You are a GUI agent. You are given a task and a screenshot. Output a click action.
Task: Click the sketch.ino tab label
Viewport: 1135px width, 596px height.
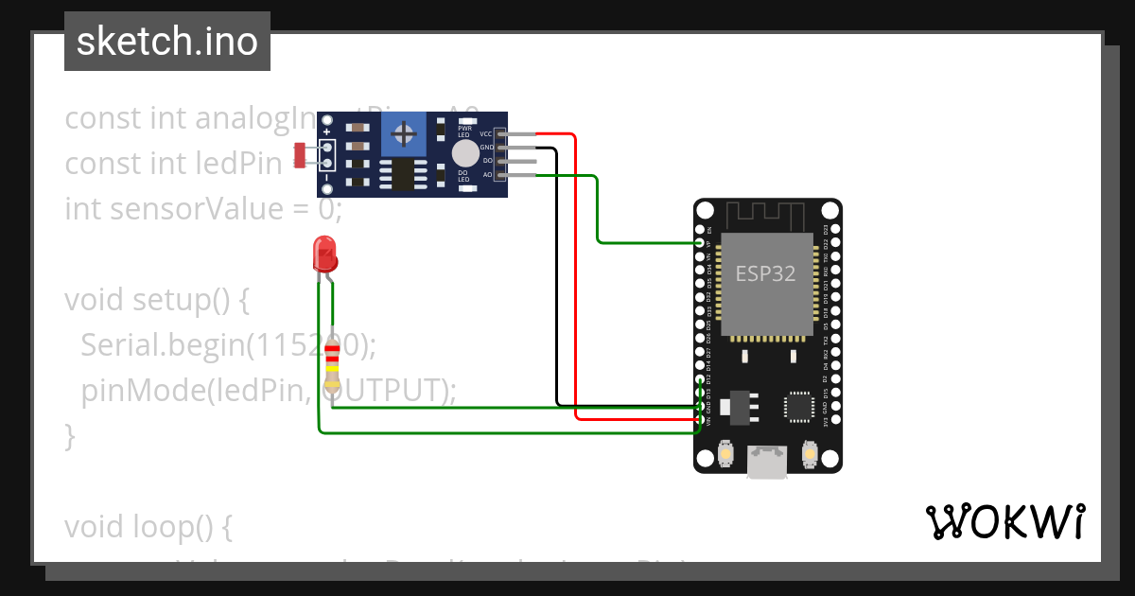pyautogui.click(x=166, y=42)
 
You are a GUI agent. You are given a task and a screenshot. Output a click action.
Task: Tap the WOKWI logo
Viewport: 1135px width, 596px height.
pyautogui.click(x=1004, y=521)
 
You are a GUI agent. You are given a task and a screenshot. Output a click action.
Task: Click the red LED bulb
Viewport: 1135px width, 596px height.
pyautogui.click(x=324, y=254)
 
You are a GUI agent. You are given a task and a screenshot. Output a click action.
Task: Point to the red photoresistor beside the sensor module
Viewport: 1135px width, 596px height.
pyautogui.click(x=301, y=154)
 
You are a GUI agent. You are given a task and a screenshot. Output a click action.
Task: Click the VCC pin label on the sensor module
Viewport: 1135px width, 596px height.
pyautogui.click(x=486, y=135)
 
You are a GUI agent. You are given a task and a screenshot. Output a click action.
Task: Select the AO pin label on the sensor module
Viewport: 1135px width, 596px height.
pyautogui.click(x=487, y=175)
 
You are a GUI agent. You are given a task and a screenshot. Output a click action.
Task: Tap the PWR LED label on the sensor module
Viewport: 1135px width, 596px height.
pyautogui.click(x=464, y=132)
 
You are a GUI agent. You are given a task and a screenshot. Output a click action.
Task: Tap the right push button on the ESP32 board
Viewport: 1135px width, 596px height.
pyautogui.click(x=809, y=455)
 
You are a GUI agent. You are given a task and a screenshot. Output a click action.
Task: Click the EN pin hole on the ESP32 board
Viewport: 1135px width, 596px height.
pyautogui.click(x=700, y=230)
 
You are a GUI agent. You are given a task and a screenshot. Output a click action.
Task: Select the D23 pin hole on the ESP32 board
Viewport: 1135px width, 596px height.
pyautogui.click(x=833, y=230)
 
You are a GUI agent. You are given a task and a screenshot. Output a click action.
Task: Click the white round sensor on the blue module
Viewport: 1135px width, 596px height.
pyautogui.click(x=464, y=153)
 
